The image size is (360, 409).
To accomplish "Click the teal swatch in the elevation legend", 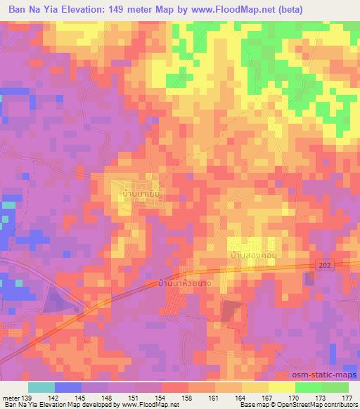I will point(41,387).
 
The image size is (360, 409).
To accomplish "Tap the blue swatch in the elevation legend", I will point(68,387).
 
